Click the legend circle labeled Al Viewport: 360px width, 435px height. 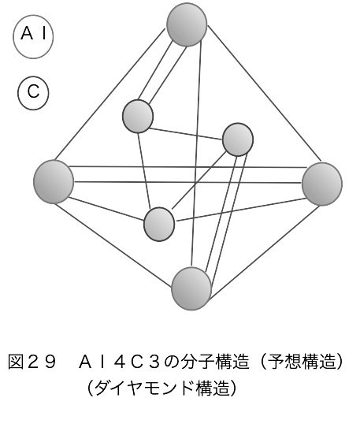[33, 36]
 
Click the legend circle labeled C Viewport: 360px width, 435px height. [33, 93]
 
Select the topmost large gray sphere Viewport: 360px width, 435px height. [187, 24]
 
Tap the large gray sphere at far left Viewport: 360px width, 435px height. [54, 182]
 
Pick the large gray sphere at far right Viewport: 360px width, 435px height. [322, 184]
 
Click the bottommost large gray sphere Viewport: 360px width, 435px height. [191, 288]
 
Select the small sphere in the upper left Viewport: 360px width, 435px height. [138, 117]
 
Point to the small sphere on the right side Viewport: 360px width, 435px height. [238, 139]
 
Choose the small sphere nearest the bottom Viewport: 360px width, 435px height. [159, 224]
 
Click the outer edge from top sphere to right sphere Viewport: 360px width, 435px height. [265, 93]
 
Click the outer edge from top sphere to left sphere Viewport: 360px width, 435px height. [110, 95]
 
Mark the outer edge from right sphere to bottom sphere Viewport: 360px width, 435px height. [265, 252]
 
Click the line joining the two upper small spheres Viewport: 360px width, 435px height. [186, 134]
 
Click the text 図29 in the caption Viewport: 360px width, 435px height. [32, 362]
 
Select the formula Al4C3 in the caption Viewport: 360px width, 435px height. [120, 362]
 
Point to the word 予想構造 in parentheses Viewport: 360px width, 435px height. [302, 362]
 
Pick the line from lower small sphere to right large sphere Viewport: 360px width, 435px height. [241, 210]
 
